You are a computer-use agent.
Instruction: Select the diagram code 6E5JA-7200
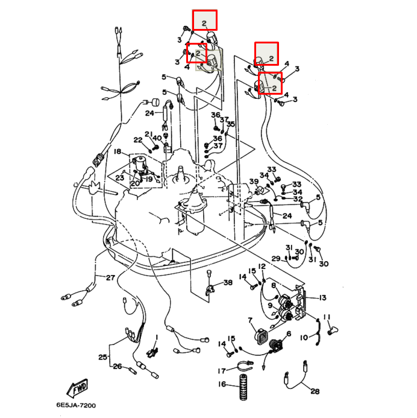(x=77, y=405)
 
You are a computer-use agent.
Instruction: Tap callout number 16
(x=222, y=384)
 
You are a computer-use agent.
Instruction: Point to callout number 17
(x=222, y=370)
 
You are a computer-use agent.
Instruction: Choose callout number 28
(x=314, y=391)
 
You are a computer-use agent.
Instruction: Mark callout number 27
(x=110, y=278)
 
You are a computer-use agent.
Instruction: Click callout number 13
(x=322, y=298)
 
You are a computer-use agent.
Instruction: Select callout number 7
(x=250, y=320)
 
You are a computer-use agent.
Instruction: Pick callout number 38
(x=228, y=283)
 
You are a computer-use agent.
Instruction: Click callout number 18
(x=118, y=151)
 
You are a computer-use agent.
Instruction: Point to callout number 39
(x=254, y=182)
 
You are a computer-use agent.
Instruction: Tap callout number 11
(x=327, y=317)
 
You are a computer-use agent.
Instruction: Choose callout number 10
(x=304, y=337)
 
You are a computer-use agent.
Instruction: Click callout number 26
(x=118, y=366)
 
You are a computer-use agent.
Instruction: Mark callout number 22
(x=137, y=140)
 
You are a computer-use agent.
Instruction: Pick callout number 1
(x=156, y=337)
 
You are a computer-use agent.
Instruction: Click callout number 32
(x=298, y=198)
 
